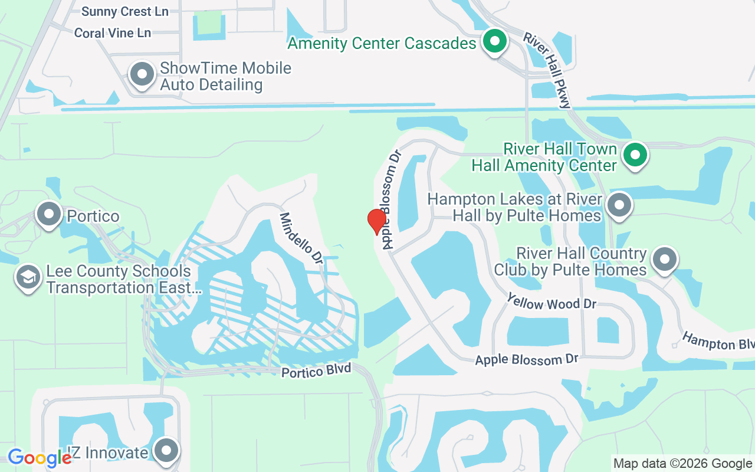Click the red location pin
click(376, 221)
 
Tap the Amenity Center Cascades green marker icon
click(495, 42)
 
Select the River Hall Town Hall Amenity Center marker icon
click(635, 155)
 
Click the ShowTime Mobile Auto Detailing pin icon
click(142, 75)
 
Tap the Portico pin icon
click(49, 215)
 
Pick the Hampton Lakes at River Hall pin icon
click(619, 206)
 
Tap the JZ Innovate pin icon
click(166, 451)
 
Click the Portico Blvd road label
click(316, 371)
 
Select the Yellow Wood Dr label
click(552, 304)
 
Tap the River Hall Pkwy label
click(547, 70)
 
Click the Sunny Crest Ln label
click(124, 12)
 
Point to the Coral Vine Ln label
click(113, 33)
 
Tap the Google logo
click(39, 457)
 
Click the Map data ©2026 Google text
click(682, 464)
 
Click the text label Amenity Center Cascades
click(382, 44)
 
